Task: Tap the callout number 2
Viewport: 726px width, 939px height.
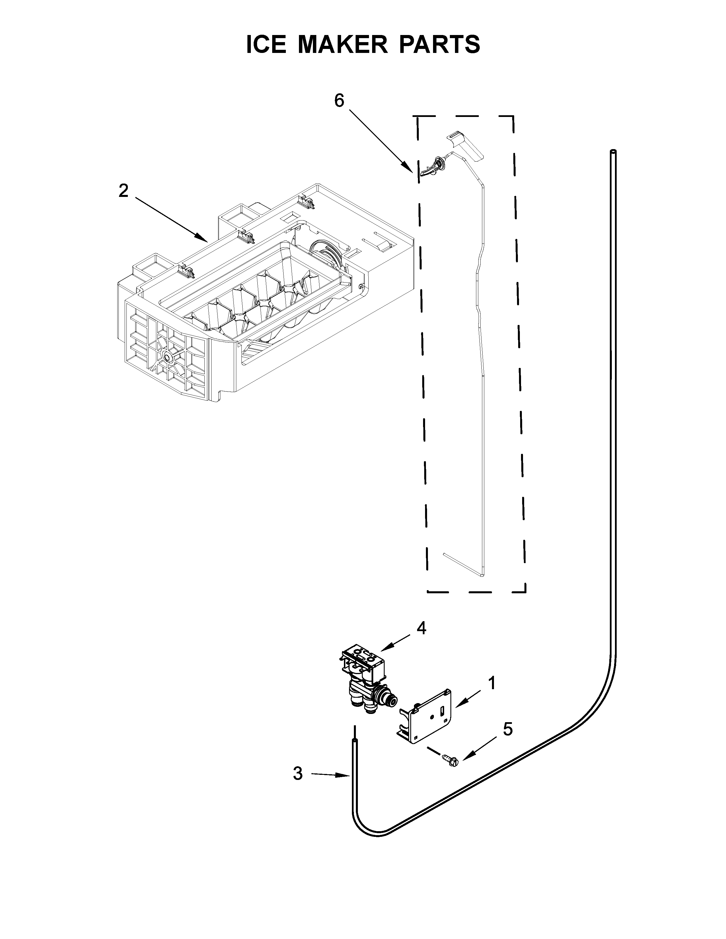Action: click(x=124, y=190)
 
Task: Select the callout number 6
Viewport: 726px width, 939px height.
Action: click(x=339, y=101)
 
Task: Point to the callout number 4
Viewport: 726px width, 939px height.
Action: click(x=421, y=628)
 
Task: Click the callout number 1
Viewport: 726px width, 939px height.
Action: click(x=492, y=683)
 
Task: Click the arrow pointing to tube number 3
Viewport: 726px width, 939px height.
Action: click(x=329, y=774)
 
